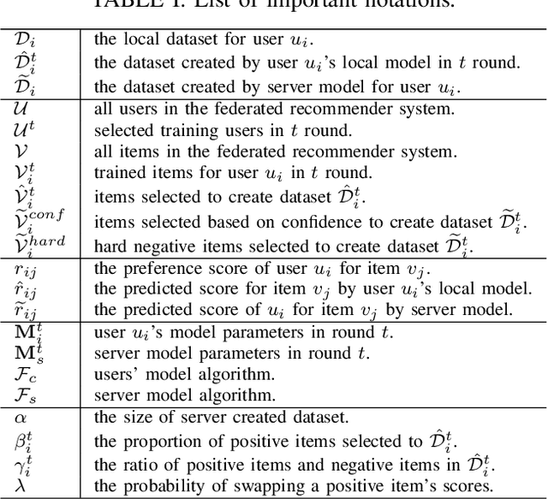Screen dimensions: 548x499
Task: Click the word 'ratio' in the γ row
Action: [138, 463]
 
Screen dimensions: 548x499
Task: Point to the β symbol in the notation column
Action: [21, 441]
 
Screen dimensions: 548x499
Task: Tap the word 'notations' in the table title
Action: [385, 4]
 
